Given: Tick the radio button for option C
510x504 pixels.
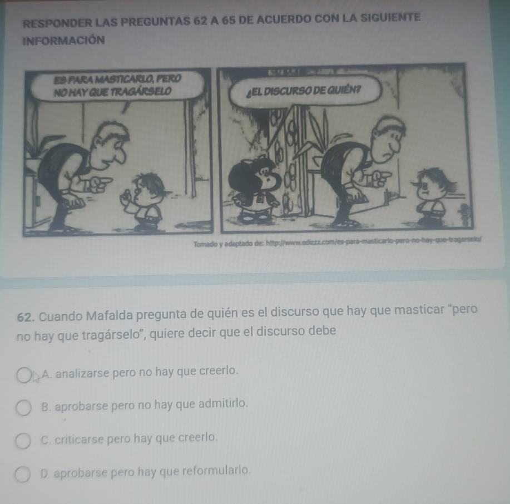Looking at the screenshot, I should [24, 442].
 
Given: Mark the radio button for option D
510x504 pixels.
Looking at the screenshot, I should [24, 475].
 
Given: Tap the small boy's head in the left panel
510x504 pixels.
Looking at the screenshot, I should [148, 186].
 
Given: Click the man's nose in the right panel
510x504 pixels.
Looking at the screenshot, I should [396, 146].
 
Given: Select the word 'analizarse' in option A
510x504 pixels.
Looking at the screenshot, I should [80, 370].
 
